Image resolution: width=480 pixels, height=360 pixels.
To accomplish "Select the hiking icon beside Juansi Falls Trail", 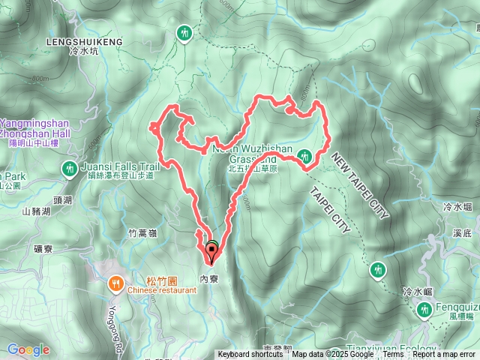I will (70, 169).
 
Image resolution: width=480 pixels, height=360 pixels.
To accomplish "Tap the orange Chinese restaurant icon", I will (115, 283).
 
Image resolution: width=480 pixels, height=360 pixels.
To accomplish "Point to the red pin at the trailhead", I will (211, 255).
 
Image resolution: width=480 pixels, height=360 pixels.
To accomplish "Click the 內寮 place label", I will (209, 277).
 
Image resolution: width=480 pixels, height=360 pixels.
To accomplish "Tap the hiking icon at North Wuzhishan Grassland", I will (304, 156).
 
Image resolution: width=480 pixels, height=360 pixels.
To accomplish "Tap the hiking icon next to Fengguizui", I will (425, 307).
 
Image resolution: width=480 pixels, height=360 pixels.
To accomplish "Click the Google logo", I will (28, 349).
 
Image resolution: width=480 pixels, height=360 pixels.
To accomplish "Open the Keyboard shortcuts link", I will (250, 355).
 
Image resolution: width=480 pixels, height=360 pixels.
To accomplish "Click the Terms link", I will (392, 355).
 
